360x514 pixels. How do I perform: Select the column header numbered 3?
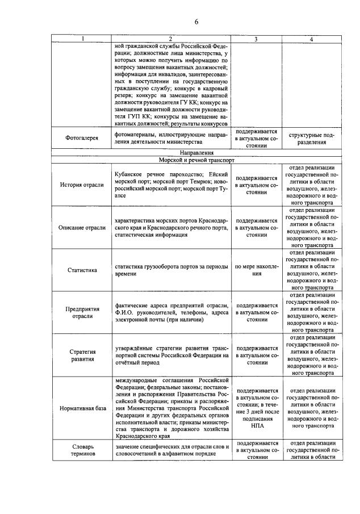point(256,39)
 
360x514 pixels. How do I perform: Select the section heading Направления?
point(196,153)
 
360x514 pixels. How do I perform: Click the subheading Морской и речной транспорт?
point(196,160)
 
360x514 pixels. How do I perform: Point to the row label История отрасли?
point(82,185)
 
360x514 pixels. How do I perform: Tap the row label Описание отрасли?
point(82,228)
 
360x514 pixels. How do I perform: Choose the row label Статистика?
point(82,270)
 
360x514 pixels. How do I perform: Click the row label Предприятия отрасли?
point(82,313)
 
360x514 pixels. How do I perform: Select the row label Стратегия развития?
point(82,356)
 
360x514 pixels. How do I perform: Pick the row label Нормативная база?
point(82,408)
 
